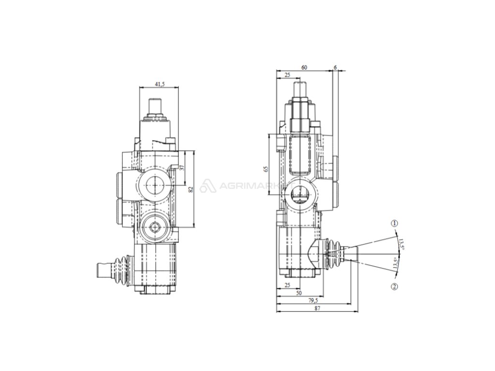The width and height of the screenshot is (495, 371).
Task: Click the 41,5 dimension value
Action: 160,84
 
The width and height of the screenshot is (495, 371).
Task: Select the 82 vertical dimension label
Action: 190,189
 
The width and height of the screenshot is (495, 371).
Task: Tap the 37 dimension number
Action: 182,168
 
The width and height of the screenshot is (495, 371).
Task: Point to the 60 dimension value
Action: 304,68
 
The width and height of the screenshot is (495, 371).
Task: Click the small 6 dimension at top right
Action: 335,68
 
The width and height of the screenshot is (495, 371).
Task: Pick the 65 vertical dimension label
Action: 266,169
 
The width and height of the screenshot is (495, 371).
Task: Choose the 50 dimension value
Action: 299,293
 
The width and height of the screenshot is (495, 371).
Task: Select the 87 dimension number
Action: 317,308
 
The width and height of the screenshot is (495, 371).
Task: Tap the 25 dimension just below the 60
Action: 287,75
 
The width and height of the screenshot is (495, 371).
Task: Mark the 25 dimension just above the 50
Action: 287,285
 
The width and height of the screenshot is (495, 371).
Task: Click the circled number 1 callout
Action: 394,223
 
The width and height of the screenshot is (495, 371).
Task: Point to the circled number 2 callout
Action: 394,286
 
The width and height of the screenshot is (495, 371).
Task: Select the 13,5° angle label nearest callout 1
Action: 401,244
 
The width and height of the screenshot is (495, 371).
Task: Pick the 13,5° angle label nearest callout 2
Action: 395,264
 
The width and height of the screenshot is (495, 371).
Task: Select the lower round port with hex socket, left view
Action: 155,227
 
